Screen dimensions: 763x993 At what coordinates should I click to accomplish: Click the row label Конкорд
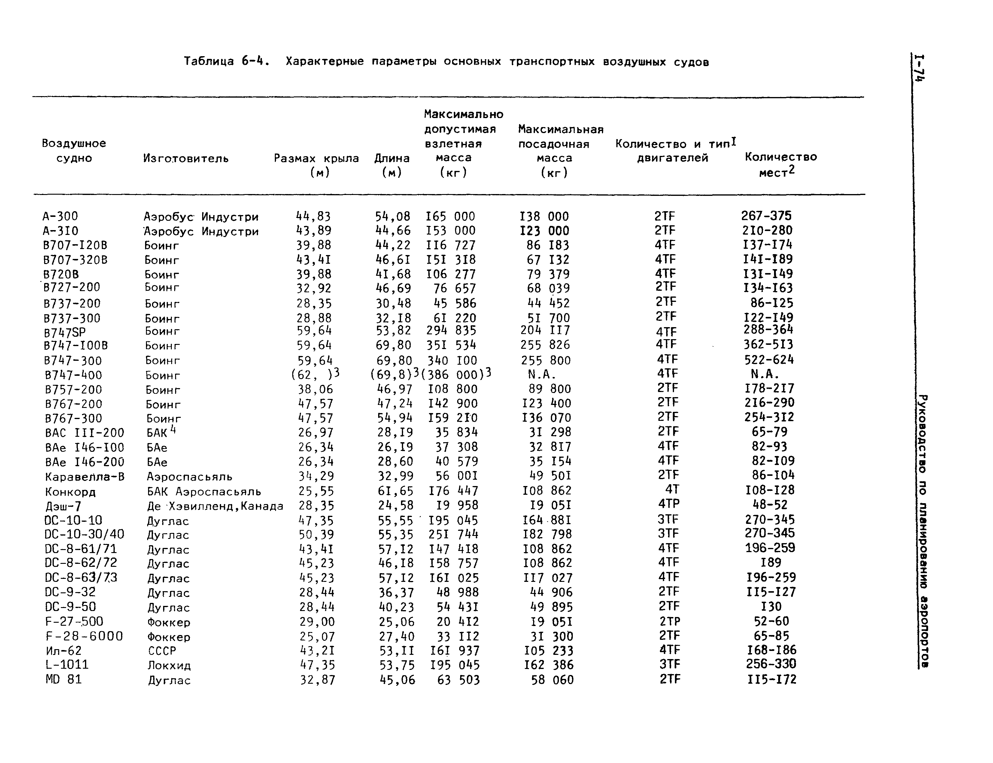coord(70,492)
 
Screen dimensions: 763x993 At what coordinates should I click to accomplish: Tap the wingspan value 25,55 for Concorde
coord(316,491)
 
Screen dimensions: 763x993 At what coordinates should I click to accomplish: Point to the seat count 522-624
coord(769,360)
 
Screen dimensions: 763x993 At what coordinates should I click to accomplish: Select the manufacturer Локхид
coord(169,665)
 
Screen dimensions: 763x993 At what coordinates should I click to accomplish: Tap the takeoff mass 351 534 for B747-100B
coord(451,345)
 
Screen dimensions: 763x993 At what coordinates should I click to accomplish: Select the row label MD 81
coord(64,679)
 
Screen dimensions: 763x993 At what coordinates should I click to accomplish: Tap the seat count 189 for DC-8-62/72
coord(770,563)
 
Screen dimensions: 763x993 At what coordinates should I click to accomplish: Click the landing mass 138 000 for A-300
coord(544,216)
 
